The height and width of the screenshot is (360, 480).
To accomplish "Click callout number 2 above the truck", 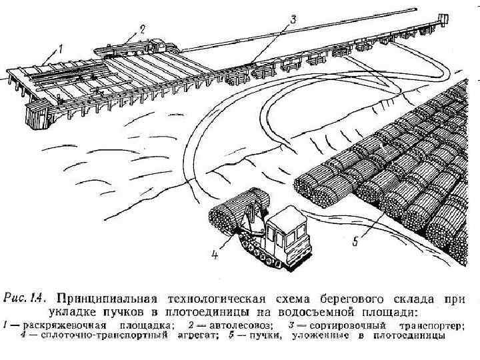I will pos(141,29).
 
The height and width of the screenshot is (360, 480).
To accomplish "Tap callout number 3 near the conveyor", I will pos(293,21).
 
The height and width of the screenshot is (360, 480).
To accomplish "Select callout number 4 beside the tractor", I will pos(215,254).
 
